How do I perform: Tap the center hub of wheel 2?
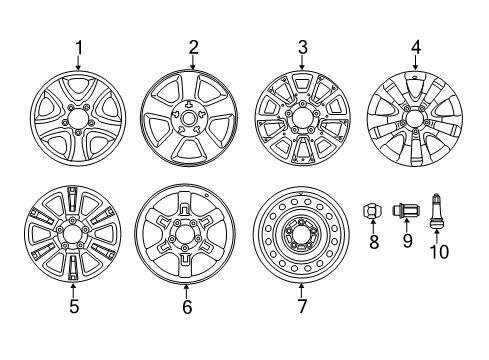(187, 118)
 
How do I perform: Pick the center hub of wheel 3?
(301, 118)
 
